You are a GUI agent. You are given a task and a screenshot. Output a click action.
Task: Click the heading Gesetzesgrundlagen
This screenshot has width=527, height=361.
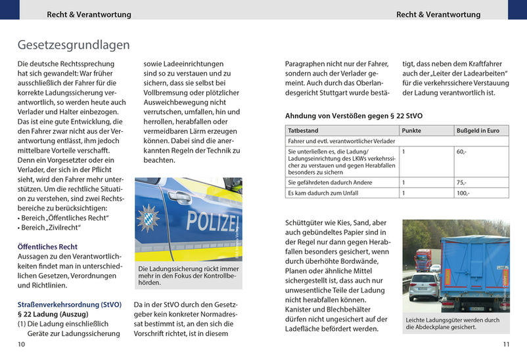pyautogui.click(x=73, y=45)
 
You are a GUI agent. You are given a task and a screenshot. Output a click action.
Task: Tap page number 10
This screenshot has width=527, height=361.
pyautogui.click(x=22, y=344)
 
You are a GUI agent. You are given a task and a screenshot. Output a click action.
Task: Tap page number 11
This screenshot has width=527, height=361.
pyautogui.click(x=506, y=344)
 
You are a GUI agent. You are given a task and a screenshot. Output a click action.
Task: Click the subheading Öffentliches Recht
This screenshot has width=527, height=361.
pyautogui.click(x=47, y=247)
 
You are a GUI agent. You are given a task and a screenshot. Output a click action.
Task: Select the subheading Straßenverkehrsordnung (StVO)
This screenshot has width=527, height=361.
pyautogui.click(x=70, y=305)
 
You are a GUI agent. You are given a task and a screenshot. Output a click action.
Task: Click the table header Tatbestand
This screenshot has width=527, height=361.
pyautogui.click(x=303, y=131)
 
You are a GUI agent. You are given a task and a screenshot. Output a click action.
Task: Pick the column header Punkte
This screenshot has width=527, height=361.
pyautogui.click(x=411, y=131)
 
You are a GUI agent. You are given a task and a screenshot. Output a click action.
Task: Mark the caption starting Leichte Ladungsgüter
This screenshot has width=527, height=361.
pyautogui.click(x=452, y=323)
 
